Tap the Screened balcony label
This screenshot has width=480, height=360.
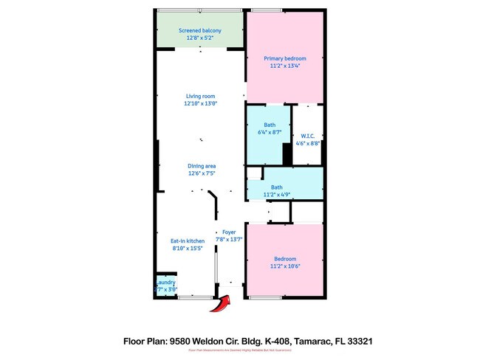pyautogui.click(x=199, y=30)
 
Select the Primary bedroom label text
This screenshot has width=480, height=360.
pyautogui.click(x=285, y=58)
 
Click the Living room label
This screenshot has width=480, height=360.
pyautogui.click(x=199, y=96)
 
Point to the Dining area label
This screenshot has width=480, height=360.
pyautogui.click(x=201, y=166)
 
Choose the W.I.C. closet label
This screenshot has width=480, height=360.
pyautogui.click(x=309, y=136)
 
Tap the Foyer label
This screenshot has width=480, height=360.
pyautogui.click(x=229, y=232)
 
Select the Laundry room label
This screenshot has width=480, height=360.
pyautogui.click(x=165, y=282)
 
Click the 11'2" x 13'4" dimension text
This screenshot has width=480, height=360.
pyautogui.click(x=285, y=66)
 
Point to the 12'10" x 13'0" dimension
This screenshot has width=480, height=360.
pyautogui.click(x=199, y=103)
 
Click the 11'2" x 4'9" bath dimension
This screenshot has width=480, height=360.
pyautogui.click(x=275, y=195)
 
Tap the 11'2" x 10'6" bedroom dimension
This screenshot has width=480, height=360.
pyautogui.click(x=285, y=266)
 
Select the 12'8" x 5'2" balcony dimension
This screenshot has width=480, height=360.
pyautogui.click(x=199, y=38)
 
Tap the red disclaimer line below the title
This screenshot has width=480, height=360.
pyautogui.click(x=240, y=351)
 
